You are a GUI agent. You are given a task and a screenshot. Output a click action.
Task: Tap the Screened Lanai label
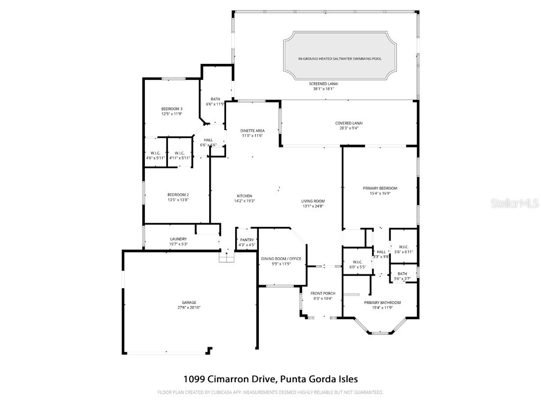coord(323,84)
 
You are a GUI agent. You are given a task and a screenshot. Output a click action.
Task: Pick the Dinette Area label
coord(252,131)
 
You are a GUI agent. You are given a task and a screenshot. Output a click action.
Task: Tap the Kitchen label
coord(245,196)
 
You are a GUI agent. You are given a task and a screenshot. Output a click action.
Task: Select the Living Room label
coord(313,201)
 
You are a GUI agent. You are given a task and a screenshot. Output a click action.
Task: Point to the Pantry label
coord(247,240)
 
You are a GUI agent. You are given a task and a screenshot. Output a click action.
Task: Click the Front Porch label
coord(322,293)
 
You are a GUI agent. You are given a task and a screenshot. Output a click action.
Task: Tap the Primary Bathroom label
coord(382,302)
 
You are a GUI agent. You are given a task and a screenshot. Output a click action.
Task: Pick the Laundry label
coord(178,239)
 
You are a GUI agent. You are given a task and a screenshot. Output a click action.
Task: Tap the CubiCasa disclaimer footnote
coord(270,392)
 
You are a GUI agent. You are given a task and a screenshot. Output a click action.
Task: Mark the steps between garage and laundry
coord(226,257)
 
